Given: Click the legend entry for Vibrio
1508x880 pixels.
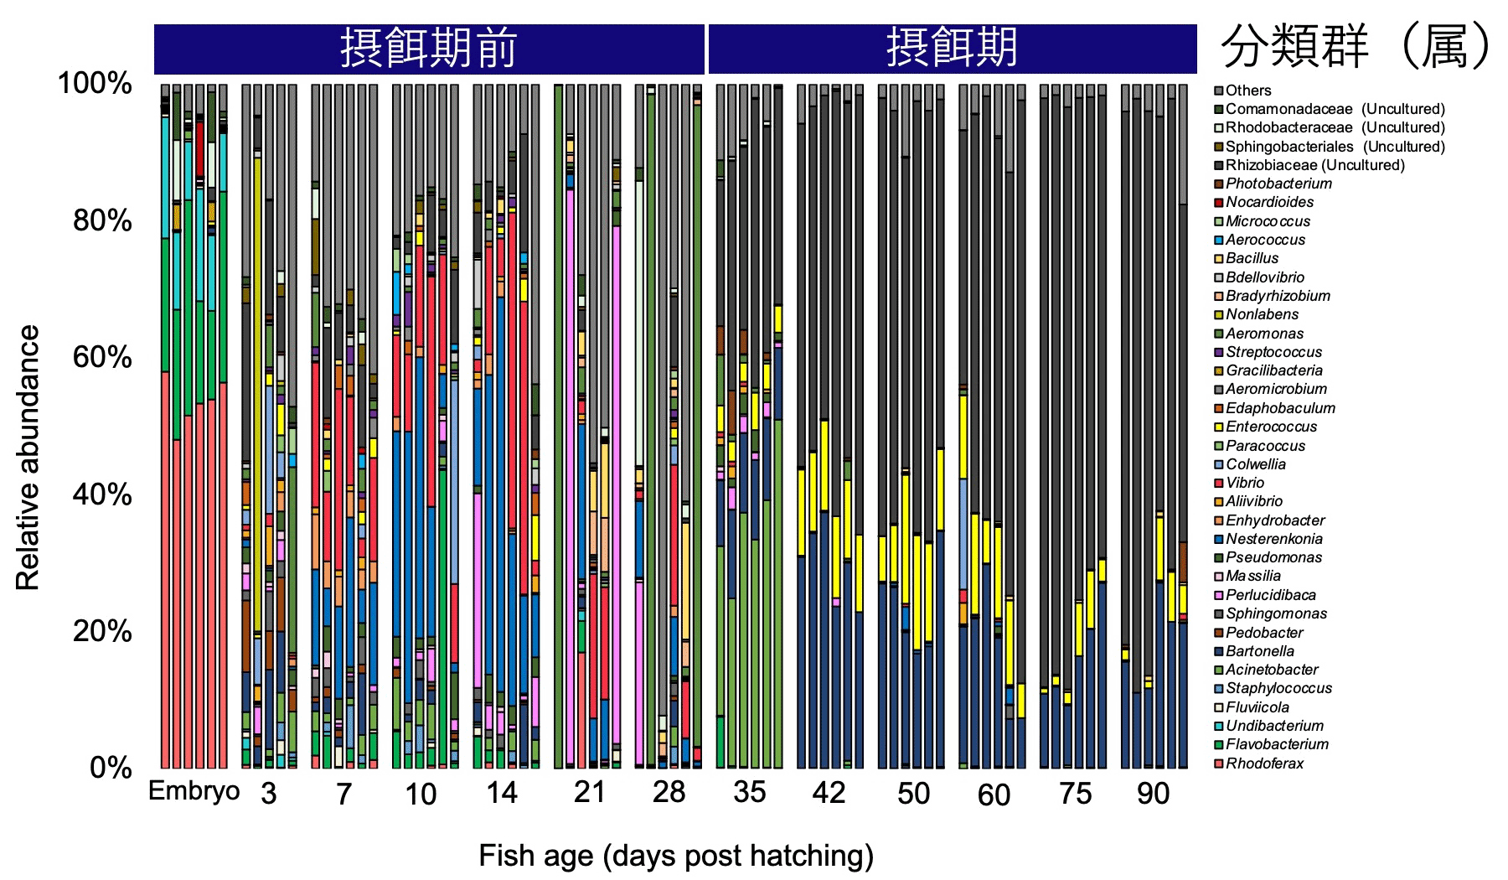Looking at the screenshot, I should click(1245, 483).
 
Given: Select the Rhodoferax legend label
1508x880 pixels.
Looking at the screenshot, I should click(1264, 764).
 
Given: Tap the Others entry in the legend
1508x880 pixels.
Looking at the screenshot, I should click(1247, 91).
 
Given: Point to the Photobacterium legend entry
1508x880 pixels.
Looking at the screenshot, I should click(1278, 184).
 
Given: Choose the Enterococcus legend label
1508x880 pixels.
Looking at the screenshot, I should click(1271, 427).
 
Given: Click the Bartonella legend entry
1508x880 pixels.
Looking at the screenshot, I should click(1259, 651).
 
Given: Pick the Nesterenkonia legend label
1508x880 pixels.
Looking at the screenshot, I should click(1273, 539).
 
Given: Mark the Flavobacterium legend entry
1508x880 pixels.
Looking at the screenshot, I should click(1277, 744).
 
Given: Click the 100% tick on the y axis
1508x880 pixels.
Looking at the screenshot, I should click(94, 84).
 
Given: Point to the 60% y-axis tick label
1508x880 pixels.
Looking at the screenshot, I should click(101, 358).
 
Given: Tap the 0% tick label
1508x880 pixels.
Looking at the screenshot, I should click(110, 768).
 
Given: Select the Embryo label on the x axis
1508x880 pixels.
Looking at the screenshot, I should click(194, 791).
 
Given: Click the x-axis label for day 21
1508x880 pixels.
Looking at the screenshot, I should click(589, 792).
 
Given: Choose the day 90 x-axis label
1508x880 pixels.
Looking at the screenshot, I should click(1154, 793).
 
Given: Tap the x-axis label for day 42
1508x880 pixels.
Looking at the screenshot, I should click(829, 793).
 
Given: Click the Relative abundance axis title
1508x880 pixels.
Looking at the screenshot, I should click(28, 458).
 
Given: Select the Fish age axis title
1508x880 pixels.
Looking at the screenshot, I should click(676, 856).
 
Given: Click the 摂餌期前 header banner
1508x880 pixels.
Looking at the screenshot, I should click(429, 49).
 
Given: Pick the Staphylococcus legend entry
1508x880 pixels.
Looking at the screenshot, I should click(1278, 688).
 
